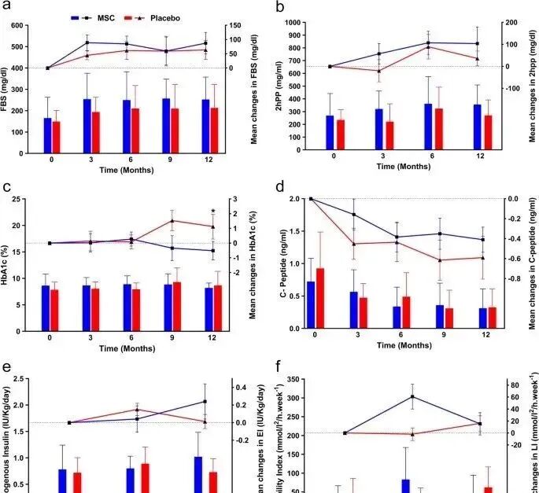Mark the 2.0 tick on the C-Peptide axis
pyautogui.click(x=297, y=199)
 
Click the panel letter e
pyautogui.click(x=7, y=366)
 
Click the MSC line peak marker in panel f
pyautogui.click(x=413, y=396)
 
